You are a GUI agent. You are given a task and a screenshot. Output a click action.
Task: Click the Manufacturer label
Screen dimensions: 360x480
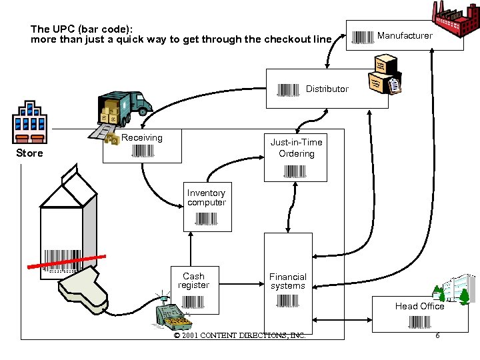(405, 35)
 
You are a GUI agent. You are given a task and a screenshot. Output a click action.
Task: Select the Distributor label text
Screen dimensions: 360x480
(327, 89)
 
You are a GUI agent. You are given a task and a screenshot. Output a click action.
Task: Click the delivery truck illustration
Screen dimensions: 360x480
(124, 107)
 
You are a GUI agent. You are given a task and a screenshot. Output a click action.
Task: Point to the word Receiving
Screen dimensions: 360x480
(142, 137)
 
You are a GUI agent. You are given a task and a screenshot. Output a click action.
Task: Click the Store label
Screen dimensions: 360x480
(29, 153)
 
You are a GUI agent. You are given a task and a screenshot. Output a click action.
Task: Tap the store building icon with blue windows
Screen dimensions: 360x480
(29, 123)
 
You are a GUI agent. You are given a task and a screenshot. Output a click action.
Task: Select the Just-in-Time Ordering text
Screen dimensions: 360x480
(296, 147)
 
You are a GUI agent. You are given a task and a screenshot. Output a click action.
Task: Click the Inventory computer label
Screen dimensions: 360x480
(207, 197)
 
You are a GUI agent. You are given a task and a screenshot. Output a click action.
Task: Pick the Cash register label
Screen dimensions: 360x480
(193, 281)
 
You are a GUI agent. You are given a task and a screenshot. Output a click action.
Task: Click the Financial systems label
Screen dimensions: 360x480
(287, 281)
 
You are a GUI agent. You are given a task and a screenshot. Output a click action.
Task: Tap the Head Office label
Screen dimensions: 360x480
(419, 306)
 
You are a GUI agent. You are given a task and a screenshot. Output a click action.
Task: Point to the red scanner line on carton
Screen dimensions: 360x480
(67, 261)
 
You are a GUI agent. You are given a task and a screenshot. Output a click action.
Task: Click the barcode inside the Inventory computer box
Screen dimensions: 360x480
(207, 219)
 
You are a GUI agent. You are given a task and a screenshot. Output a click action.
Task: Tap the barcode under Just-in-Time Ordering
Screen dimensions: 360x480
(295, 171)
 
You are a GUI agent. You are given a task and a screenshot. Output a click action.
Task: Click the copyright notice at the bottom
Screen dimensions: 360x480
(239, 335)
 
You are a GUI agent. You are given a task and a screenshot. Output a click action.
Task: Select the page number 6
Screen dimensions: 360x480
(437, 335)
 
